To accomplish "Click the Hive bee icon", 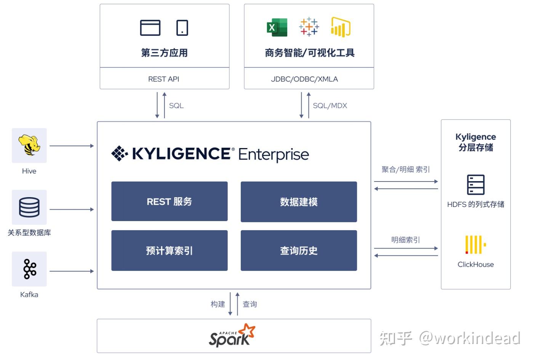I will [29, 145].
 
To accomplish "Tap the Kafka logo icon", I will [29, 269].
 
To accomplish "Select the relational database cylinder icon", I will [29, 207].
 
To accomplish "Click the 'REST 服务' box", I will [169, 201].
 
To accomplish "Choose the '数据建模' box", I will [299, 202].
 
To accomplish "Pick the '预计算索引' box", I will [169, 250].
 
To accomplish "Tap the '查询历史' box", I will [299, 250].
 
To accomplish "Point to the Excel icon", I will [277, 27].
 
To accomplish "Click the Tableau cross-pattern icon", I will [309, 27].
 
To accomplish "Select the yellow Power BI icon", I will [341, 27].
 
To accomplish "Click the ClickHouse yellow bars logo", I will [475, 244].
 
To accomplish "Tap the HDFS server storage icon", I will [476, 185].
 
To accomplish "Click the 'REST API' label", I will [163, 79].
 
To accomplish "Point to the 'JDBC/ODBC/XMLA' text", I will [304, 79].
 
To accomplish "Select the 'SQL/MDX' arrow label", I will [330, 105].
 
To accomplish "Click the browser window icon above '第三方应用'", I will [150, 28].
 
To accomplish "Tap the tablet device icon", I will [182, 28].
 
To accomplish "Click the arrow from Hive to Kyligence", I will [72, 146].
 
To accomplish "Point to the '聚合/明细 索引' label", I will [406, 169].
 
